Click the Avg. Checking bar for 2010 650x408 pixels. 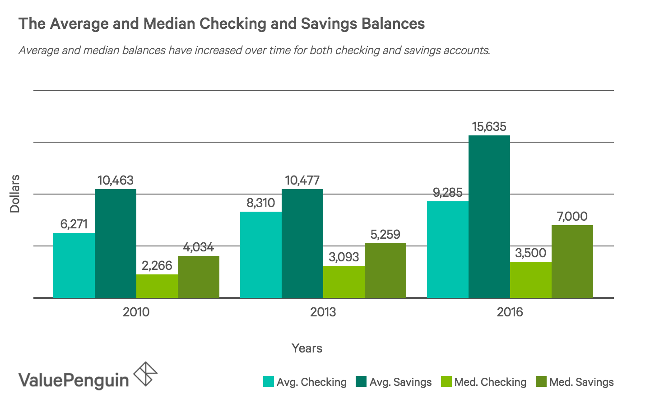tap(74, 265)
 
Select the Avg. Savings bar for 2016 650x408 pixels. tap(489, 217)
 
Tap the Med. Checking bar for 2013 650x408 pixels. tap(344, 282)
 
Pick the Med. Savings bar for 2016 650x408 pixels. tap(572, 261)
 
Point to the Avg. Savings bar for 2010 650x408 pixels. tap(116, 243)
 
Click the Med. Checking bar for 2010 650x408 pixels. tap(157, 286)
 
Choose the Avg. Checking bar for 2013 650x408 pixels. tap(261, 255)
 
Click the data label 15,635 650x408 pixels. tap(489, 127)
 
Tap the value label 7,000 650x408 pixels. tap(572, 217)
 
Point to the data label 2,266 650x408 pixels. tap(157, 265)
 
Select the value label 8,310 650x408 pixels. tap(260, 203)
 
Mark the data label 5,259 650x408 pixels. tap(385, 235)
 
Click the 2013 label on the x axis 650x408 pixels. tap(323, 312)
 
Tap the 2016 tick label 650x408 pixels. tap(510, 312)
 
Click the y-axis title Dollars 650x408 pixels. tap(15, 194)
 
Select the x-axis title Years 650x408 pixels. tap(307, 348)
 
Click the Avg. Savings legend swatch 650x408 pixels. tap(361, 382)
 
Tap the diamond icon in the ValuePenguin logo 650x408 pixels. tap(146, 374)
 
